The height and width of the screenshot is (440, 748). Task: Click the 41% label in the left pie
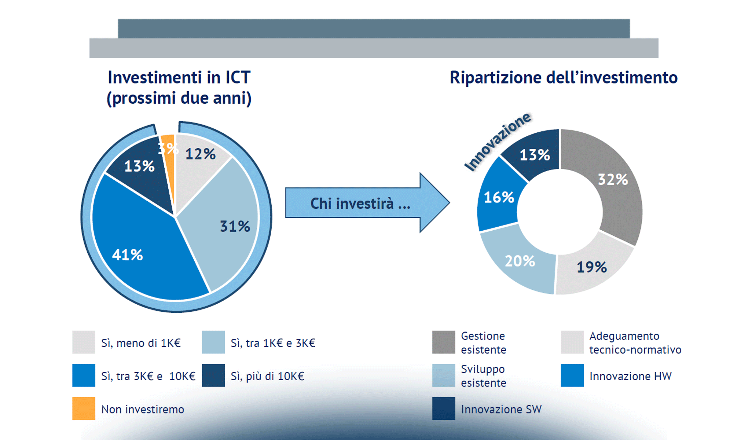127,255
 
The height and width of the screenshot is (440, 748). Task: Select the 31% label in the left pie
235,226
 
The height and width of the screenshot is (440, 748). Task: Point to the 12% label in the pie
200,154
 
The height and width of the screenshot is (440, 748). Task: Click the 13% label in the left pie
139,166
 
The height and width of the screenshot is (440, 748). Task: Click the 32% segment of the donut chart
613,180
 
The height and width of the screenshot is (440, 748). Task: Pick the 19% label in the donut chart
591,267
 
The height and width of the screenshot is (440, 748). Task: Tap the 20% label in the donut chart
520,261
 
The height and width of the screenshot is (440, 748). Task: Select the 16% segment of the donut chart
499,197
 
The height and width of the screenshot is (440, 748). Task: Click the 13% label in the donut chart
535,155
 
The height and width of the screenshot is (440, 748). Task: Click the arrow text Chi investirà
360,204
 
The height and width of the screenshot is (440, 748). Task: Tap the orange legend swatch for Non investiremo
84,408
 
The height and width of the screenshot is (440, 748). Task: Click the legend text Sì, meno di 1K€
141,343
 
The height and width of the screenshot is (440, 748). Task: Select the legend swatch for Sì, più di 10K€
213,375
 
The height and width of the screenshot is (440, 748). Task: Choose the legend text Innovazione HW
630,376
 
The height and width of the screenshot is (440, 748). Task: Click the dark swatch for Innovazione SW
443,408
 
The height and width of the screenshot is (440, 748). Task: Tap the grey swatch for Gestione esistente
443,342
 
